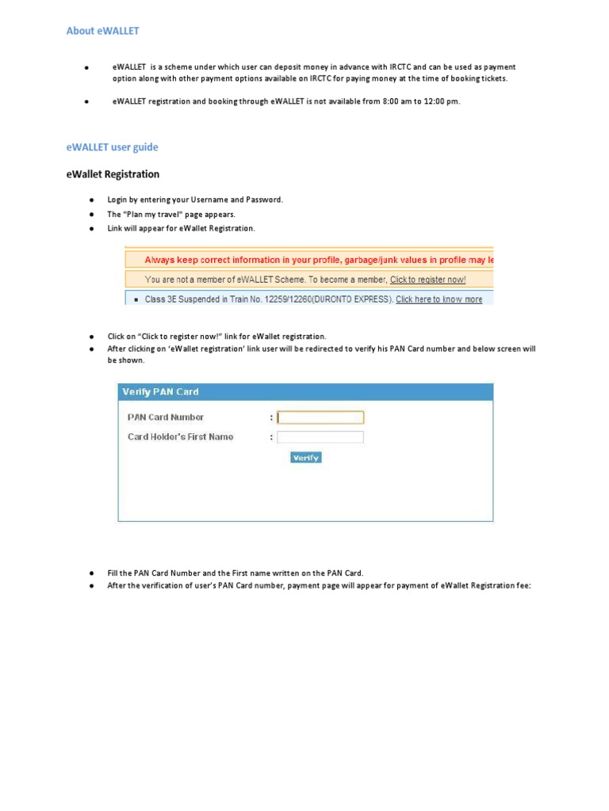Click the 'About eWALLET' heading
tap(102, 31)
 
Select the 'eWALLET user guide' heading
tap(112, 147)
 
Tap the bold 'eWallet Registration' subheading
tap(112, 174)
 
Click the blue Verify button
tap(305, 458)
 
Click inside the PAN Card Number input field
tap(320, 417)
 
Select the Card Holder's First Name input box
tap(320, 437)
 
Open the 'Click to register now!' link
tap(427, 280)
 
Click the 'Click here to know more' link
tap(439, 299)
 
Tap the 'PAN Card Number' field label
tap(166, 417)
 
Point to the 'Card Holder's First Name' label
tap(180, 437)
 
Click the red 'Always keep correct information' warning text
tap(317, 260)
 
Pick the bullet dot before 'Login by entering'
tap(91, 200)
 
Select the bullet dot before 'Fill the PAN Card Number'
tap(91, 573)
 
